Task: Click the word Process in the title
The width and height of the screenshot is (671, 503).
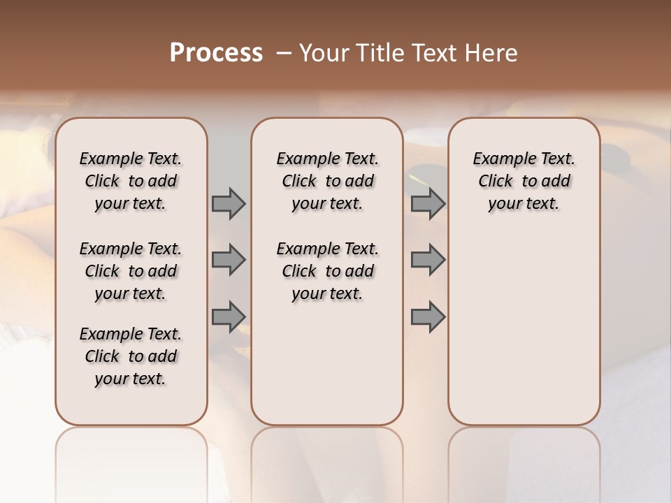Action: pos(216,53)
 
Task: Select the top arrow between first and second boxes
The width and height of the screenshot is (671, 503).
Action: pos(229,204)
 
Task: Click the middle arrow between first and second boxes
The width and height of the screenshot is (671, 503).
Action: pos(229,260)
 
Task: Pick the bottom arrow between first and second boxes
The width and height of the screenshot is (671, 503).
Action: pos(229,316)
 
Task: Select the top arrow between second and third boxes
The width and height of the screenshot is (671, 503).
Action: pos(428,204)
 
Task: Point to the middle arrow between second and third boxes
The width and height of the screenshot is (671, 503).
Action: pos(428,260)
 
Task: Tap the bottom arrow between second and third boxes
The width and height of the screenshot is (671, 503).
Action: pos(428,316)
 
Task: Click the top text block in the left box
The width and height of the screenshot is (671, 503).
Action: pos(131,181)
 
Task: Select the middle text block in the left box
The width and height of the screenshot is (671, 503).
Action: pos(131,271)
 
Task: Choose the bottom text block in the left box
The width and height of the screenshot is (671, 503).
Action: pos(131,356)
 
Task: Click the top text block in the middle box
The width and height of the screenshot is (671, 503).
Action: pos(327,181)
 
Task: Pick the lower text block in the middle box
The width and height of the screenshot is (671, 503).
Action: pos(327,271)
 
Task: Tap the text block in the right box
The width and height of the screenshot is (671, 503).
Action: pos(524,181)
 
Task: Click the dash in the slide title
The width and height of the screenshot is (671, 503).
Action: pos(283,53)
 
